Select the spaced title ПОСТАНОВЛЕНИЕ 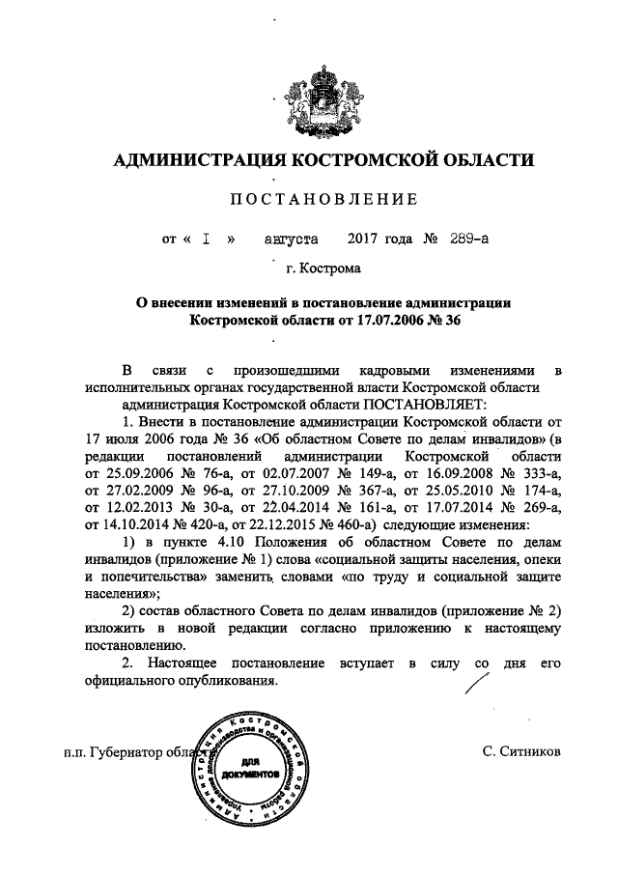pos(323,200)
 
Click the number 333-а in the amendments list pos(535,472)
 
